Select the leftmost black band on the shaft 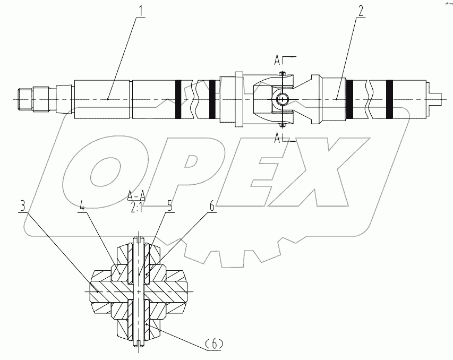click(x=178, y=99)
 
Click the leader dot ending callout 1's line click(x=108, y=99)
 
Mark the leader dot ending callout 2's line click(x=337, y=99)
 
